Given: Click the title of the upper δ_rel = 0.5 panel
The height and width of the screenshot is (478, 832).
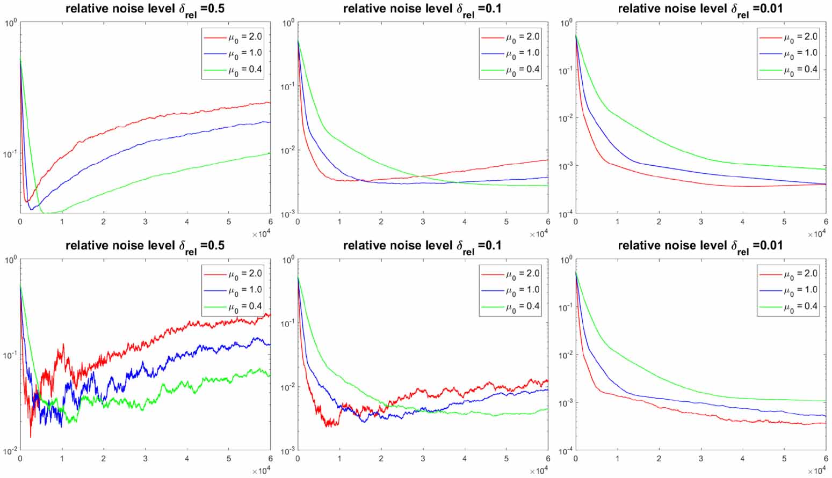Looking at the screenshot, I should (145, 9).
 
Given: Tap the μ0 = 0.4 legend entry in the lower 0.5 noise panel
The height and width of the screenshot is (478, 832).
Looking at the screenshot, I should (245, 306).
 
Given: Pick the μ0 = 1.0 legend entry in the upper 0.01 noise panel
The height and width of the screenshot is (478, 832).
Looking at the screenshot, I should (800, 53).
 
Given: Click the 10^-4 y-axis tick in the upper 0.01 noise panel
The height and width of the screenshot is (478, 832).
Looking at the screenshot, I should (565, 214).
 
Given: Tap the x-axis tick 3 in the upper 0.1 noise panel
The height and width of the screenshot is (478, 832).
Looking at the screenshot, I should (423, 222).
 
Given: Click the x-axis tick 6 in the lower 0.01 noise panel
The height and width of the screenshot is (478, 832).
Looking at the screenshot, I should (826, 459).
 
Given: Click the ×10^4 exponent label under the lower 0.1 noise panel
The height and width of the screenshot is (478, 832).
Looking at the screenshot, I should (539, 471).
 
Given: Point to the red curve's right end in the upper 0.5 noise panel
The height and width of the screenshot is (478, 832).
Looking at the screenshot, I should (269, 102).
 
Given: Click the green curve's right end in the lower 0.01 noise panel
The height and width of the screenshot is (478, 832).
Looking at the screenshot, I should (825, 401).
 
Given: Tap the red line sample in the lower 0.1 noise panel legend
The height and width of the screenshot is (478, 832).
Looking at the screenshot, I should (491, 274).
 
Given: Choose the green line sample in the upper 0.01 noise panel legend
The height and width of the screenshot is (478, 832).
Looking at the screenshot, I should (770, 70).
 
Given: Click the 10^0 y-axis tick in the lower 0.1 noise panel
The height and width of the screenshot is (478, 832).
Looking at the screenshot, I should (288, 260).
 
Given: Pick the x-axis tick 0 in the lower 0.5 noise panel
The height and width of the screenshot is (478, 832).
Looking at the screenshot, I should (20, 459).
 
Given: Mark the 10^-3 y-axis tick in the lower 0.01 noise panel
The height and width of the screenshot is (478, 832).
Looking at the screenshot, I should (565, 403).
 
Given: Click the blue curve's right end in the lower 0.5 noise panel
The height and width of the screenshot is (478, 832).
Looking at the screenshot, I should (269, 344).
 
